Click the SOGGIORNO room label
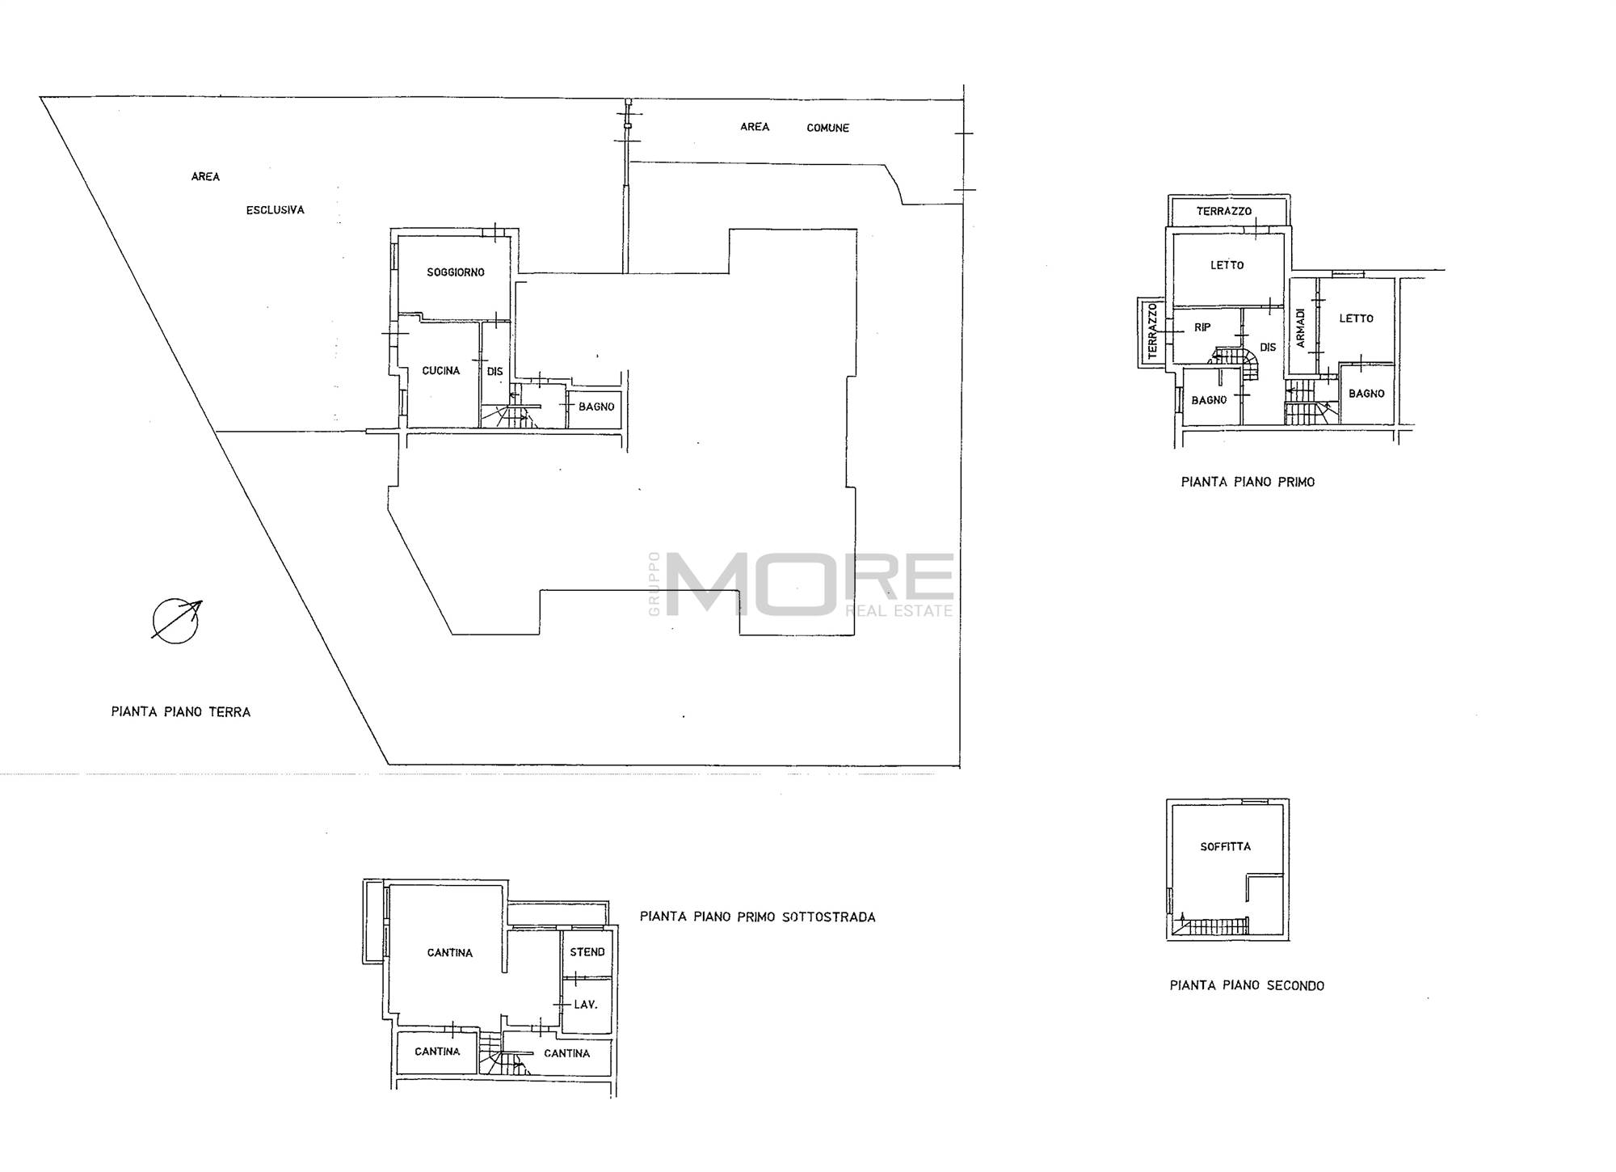pos(456,272)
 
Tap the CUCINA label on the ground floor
pos(441,371)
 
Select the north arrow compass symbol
pos(177,620)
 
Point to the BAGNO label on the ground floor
pos(596,407)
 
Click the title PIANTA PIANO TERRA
pos(181,712)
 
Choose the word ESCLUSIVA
pos(276,210)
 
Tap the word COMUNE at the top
pos(828,128)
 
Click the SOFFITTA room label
pos(1226,846)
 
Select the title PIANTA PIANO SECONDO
pos(1247,985)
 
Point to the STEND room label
pos(587,952)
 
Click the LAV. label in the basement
pos(586,1005)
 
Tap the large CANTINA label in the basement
pos(450,953)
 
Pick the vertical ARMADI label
pos(1301,329)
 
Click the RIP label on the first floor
pos(1202,327)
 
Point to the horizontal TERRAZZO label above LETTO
pos(1224,211)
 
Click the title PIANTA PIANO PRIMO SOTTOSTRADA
pos(758,917)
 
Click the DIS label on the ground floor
pos(495,372)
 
